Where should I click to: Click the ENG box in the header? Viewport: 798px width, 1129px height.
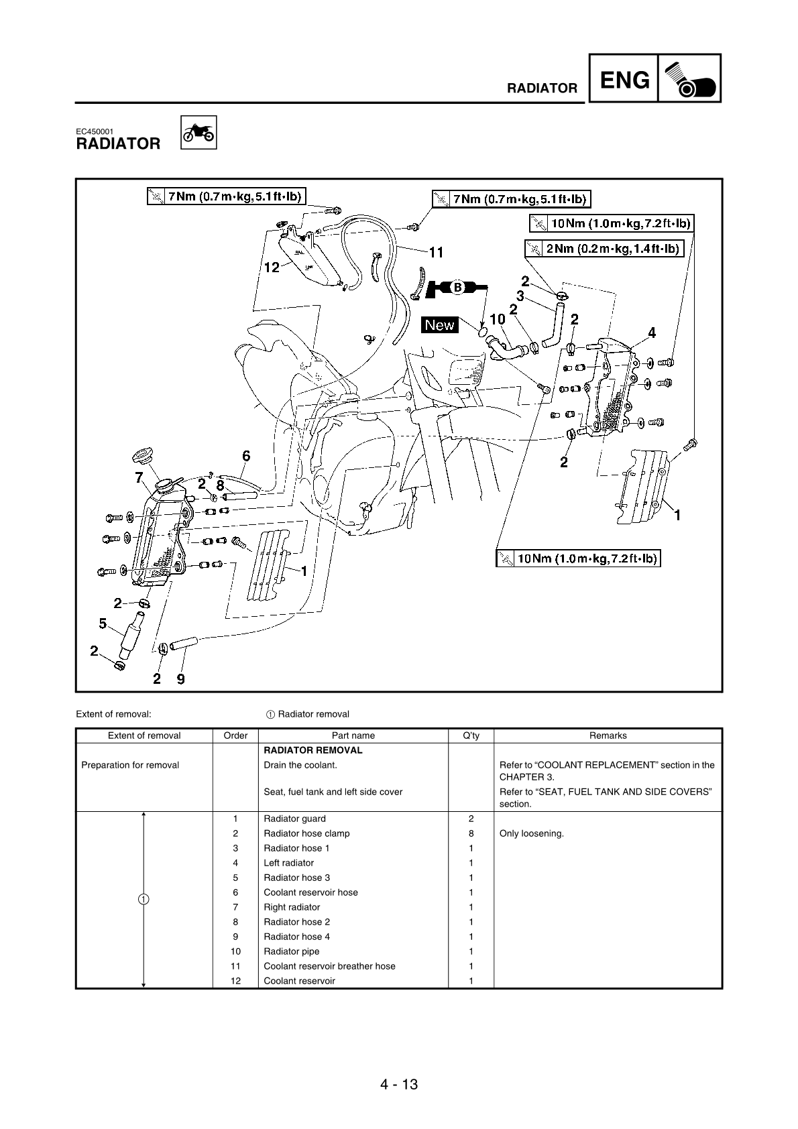point(624,80)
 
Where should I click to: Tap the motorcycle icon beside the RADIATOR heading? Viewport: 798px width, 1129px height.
point(199,133)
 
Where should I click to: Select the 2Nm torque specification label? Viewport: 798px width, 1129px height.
point(604,249)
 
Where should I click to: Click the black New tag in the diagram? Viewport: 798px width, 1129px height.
point(440,325)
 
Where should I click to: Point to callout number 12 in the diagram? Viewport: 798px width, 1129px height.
point(271,268)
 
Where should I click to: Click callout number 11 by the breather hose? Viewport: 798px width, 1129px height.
point(436,253)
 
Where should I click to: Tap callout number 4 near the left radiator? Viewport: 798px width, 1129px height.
point(651,333)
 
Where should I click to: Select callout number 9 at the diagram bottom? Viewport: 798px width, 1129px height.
point(180,679)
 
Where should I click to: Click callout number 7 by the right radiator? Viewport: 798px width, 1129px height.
point(139,477)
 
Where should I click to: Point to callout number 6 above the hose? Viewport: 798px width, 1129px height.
point(246,456)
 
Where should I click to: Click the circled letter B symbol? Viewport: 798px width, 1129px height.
point(457,288)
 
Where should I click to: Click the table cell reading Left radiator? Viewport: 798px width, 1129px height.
point(288,863)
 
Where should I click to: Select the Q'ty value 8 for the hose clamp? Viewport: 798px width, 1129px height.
point(471,833)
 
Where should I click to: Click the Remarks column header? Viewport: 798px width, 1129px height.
point(608,735)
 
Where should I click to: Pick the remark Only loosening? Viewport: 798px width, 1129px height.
point(531,833)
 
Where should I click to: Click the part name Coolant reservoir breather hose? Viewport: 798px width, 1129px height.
point(329,966)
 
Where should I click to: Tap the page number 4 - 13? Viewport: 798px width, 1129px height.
point(398,1084)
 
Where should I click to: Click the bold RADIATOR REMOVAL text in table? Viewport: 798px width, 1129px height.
point(312,750)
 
